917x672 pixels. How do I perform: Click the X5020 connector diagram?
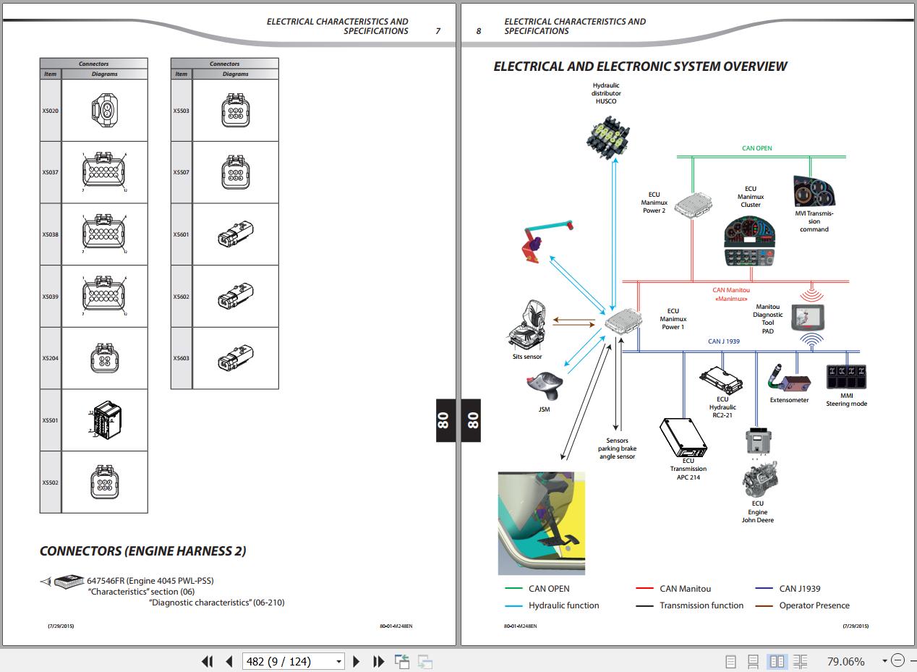(x=105, y=111)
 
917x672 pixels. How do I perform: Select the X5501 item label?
(x=50, y=420)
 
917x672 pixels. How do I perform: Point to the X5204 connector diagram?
(x=105, y=358)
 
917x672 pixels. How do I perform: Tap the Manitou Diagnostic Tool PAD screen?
(x=809, y=317)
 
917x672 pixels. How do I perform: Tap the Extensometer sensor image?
(x=788, y=378)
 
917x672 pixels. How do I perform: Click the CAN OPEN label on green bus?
(x=757, y=148)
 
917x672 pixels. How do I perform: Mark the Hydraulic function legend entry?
(x=563, y=605)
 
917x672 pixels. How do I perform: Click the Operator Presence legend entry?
(x=814, y=605)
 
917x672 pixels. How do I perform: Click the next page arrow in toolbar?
(x=356, y=661)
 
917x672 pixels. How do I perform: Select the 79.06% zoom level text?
(x=845, y=661)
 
